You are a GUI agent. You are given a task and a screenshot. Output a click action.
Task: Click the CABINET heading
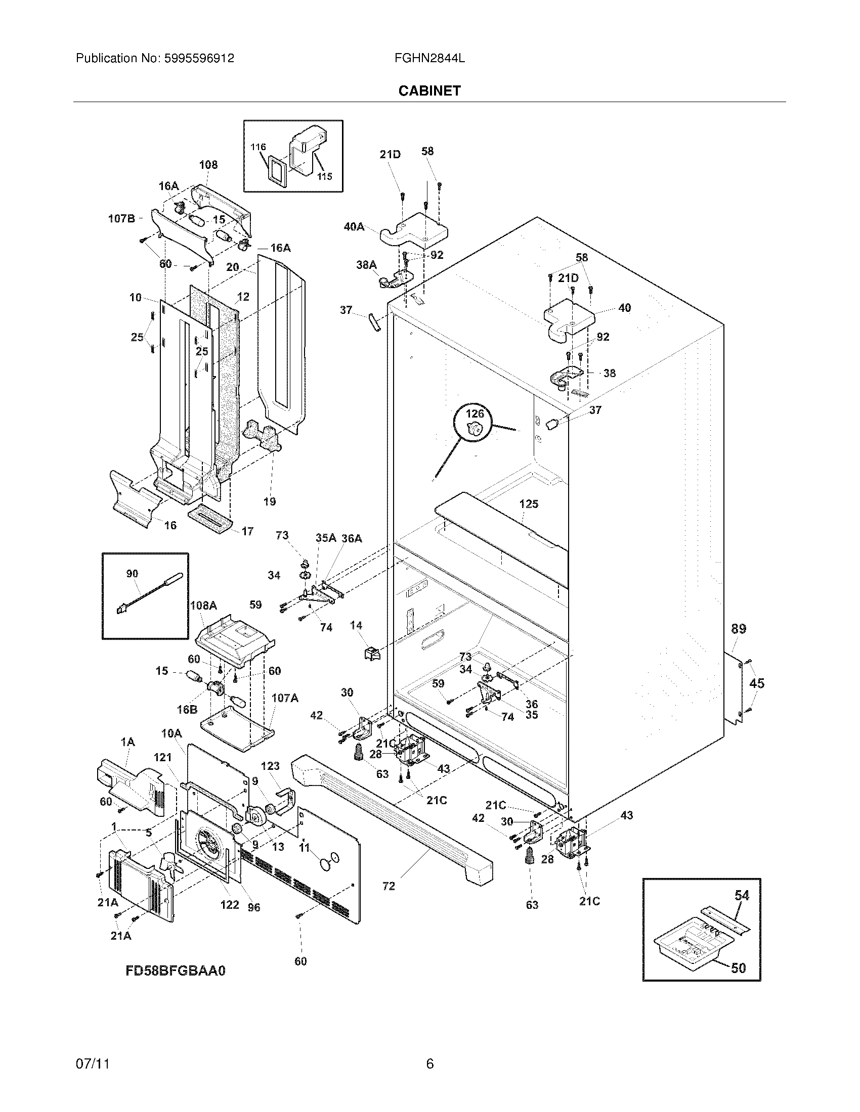pos(429,90)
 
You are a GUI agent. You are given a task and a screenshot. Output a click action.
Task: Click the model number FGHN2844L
pos(429,58)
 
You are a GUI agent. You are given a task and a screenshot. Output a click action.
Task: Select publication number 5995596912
pos(199,58)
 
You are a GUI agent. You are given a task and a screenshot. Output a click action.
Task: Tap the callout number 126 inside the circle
pos(475,413)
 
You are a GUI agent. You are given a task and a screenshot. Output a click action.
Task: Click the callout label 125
pos(529,503)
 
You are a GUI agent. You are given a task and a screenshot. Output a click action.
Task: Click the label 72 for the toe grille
pos(388,886)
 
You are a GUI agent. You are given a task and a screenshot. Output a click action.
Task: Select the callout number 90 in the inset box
pos(132,573)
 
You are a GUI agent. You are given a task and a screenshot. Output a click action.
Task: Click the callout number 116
pos(259,147)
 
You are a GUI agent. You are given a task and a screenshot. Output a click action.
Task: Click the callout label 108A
pos(203,606)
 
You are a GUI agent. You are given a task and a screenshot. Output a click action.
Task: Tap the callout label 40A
pos(354,226)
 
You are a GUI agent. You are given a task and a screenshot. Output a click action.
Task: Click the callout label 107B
pos(121,218)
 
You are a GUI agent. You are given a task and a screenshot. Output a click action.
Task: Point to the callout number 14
pos(356,625)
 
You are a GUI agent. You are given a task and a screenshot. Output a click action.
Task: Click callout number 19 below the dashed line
pos(270,501)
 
